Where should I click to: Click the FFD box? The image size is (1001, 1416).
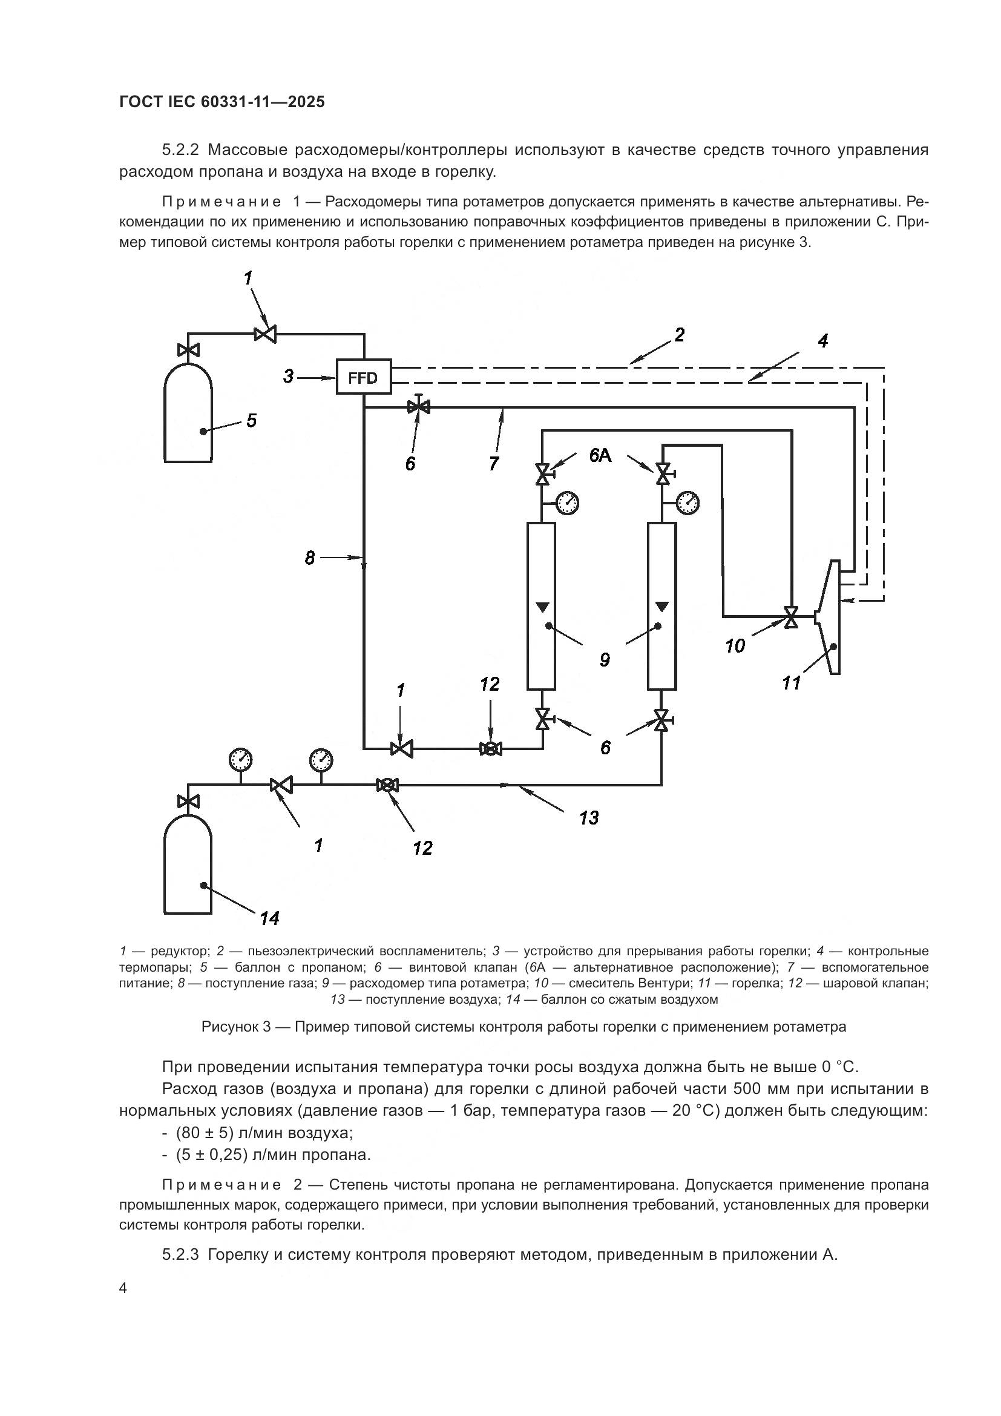pyautogui.click(x=364, y=377)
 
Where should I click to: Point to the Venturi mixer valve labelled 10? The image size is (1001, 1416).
pyautogui.click(x=790, y=616)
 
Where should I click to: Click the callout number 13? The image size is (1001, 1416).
pyautogui.click(x=589, y=818)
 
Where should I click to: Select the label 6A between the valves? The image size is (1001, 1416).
pyautogui.click(x=600, y=456)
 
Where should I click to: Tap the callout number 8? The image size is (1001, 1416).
pyautogui.click(x=309, y=558)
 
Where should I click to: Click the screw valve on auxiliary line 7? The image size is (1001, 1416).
pyautogui.click(x=419, y=406)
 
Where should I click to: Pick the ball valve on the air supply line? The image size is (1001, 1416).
pyautogui.click(x=387, y=785)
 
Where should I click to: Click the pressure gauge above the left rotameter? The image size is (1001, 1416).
pyautogui.click(x=568, y=502)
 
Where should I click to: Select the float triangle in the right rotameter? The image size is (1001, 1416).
pyautogui.click(x=662, y=606)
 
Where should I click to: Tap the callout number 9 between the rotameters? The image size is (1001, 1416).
pyautogui.click(x=605, y=660)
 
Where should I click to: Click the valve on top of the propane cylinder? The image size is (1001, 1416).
pyautogui.click(x=188, y=351)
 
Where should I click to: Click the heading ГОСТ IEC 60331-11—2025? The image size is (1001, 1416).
pyautogui.click(x=222, y=102)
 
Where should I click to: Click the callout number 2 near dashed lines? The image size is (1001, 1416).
pyautogui.click(x=678, y=335)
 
